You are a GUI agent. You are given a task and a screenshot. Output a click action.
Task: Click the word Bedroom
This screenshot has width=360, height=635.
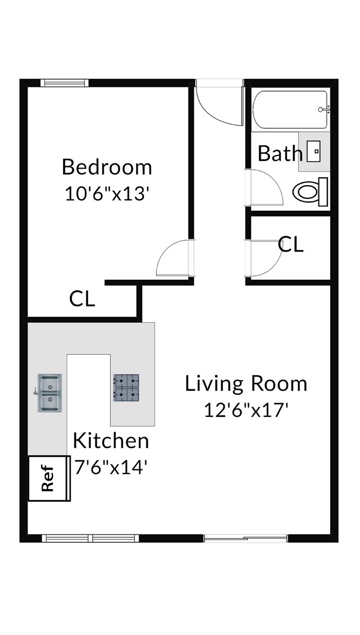pos(107,167)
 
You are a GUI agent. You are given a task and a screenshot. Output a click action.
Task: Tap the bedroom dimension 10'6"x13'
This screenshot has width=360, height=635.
pos(105,194)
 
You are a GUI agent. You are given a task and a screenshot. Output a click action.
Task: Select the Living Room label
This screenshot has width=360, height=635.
pos(246,383)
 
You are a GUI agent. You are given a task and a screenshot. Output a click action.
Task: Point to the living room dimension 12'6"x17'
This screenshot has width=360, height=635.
pos(246,410)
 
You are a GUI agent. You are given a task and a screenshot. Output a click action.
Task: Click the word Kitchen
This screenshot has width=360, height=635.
pos(111,441)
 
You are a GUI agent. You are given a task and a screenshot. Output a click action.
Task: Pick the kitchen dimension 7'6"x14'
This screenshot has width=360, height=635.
pos(111,468)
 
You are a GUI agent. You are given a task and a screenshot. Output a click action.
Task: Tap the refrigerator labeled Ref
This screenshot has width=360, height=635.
pos(49,478)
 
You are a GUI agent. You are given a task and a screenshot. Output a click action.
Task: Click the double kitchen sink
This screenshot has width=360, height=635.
pos(50,393)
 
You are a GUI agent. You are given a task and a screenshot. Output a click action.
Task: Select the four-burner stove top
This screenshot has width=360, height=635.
pos(126,388)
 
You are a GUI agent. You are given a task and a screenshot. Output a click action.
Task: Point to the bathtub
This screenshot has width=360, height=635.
pos(290,109)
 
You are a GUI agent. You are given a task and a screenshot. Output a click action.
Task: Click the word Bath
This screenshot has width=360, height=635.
pos(280,153)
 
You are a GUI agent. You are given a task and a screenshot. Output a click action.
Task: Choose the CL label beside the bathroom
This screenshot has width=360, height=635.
pos(291,245)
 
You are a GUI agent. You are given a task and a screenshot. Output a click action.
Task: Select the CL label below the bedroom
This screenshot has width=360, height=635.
pos(82,299)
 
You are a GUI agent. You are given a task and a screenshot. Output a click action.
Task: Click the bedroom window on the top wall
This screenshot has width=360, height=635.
pos(64,83)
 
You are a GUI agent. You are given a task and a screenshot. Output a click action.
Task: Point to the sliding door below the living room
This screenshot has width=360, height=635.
pos(246,538)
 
